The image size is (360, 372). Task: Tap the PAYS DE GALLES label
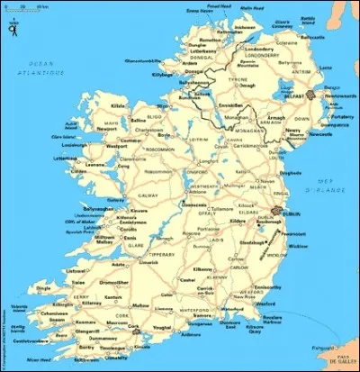coord(339,361)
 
